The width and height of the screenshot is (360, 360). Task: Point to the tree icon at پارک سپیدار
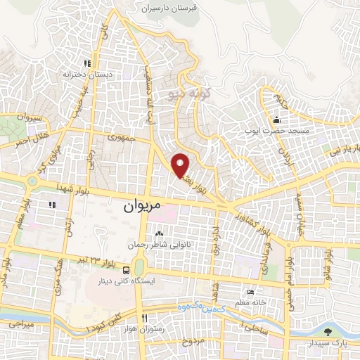pyautogui.click(x=326, y=332)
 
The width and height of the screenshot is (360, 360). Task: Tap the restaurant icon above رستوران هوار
pyautogui.click(x=143, y=318)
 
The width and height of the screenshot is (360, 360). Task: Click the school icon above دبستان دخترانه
pyautogui.click(x=87, y=62)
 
